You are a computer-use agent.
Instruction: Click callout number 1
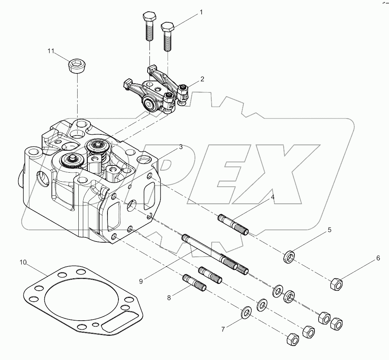pos(201,12)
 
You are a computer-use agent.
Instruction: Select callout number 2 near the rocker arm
pos(202,79)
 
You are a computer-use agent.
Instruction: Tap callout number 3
pos(181,146)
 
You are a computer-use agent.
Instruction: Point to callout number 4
pos(272,197)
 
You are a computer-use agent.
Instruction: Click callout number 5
pos(329,230)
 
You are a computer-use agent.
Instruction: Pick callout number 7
pos(223,329)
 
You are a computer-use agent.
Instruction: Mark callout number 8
pos(169,298)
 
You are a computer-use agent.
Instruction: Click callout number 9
pos(141,281)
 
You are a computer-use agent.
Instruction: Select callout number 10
pos(23,262)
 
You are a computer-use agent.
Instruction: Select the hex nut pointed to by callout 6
pos(336,284)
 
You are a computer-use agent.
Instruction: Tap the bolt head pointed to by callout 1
pos(167,28)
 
